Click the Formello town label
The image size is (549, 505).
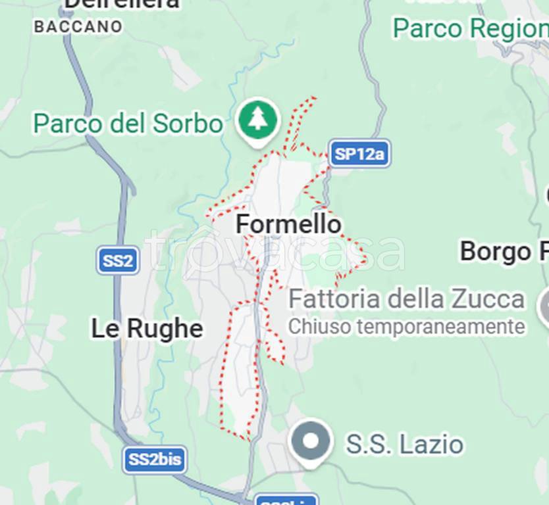click(x=288, y=225)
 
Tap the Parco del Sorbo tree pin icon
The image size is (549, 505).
click(x=257, y=120)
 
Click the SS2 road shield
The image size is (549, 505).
click(x=118, y=261)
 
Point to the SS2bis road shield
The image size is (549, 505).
click(x=154, y=460)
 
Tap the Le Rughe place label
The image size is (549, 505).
click(x=147, y=329)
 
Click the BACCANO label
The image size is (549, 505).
click(x=78, y=27)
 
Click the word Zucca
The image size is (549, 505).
click(x=488, y=299)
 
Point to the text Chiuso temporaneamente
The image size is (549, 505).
click(x=406, y=326)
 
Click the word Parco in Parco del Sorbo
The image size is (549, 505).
click(x=64, y=123)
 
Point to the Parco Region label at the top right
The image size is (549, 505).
click(x=470, y=28)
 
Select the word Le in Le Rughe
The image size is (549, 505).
click(x=104, y=329)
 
